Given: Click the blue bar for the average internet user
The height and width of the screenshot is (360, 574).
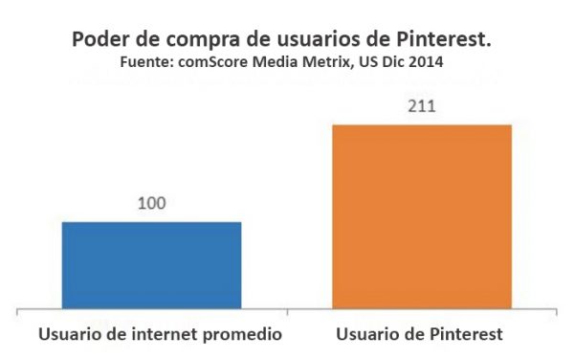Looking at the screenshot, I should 151,265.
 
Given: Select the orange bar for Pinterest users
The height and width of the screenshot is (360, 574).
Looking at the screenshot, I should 421,216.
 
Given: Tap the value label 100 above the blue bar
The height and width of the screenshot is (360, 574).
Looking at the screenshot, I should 151,205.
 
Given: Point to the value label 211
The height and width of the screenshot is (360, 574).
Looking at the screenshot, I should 421,105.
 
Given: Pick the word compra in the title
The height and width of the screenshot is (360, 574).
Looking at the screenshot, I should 210,41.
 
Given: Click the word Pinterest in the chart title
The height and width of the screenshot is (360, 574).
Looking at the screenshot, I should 451,41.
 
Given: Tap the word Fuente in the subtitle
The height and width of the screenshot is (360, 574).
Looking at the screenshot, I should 143,62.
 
